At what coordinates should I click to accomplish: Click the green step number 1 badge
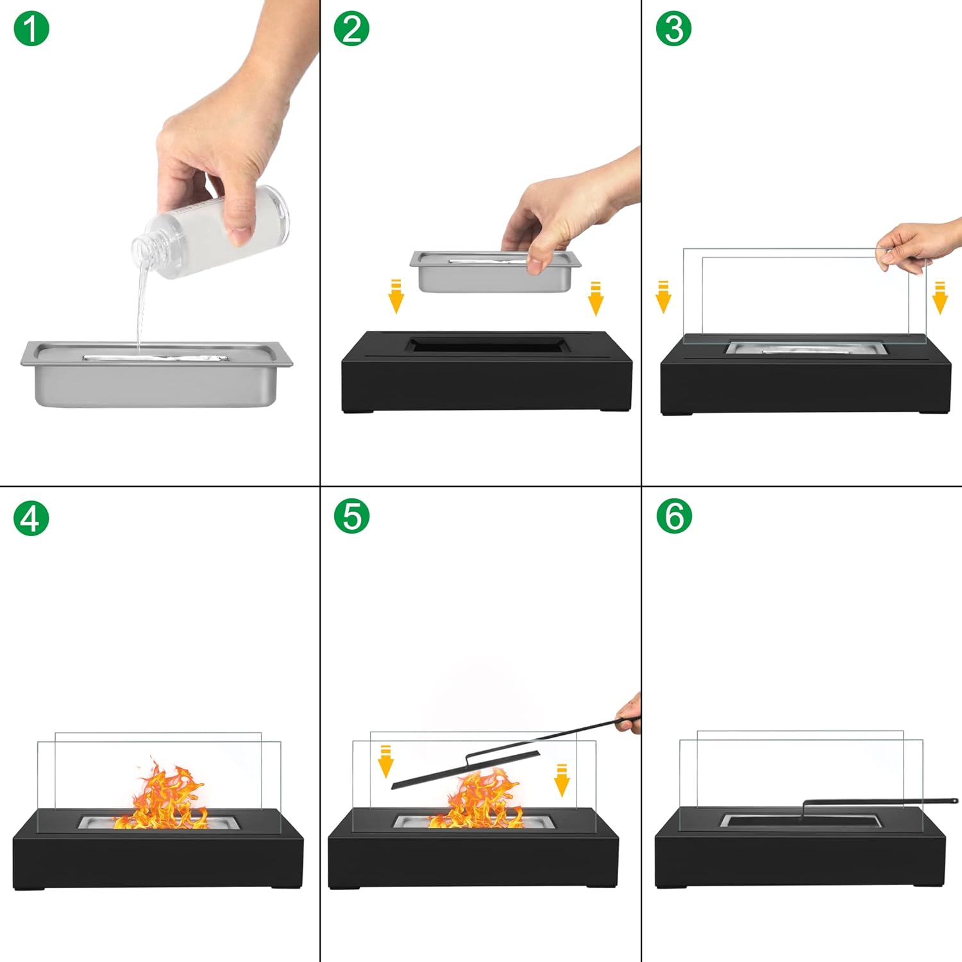click(x=31, y=29)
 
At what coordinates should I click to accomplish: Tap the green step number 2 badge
click(x=351, y=29)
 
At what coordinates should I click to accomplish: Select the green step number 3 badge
click(x=673, y=29)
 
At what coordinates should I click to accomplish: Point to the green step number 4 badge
click(x=31, y=518)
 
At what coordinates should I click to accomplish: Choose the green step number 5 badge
click(x=351, y=516)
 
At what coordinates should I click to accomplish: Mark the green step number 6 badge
click(x=674, y=516)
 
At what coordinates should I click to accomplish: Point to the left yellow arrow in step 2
click(x=396, y=296)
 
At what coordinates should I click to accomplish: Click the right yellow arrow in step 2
click(x=596, y=298)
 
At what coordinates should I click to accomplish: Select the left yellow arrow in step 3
click(x=663, y=297)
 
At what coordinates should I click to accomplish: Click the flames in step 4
click(x=164, y=798)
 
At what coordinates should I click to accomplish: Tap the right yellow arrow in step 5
click(x=562, y=780)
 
